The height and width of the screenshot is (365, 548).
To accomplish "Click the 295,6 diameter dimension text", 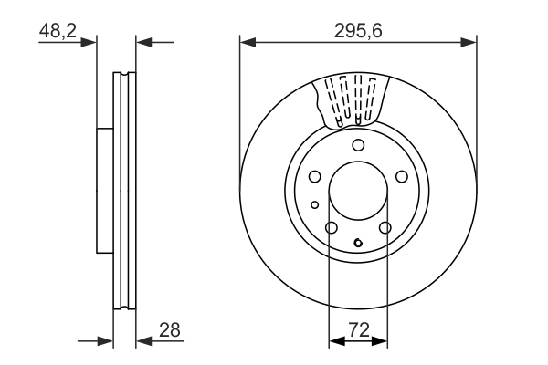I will pos(357,30).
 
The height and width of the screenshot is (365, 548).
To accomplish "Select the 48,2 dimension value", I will pos(57,30).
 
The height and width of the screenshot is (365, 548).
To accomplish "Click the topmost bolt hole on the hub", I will pos(358,146).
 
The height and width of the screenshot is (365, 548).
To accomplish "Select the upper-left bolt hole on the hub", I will pos(314,177).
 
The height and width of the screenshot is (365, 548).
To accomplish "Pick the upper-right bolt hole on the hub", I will pos(401,177).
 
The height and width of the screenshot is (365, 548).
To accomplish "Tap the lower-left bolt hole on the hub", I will pos(332,227).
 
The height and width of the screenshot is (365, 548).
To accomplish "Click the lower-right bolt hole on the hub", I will pos(385,227).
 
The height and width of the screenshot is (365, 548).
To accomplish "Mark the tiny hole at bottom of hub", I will pos(358,243).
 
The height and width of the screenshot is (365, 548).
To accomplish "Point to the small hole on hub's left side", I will pos(314,204).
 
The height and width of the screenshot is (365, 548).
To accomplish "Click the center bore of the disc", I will pos(358,192).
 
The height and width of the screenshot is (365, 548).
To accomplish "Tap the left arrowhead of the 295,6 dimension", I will pos(246,41).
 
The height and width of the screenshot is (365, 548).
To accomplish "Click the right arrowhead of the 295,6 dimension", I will pos(470,41).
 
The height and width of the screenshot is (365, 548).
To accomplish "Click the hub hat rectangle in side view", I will pos(105,190).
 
